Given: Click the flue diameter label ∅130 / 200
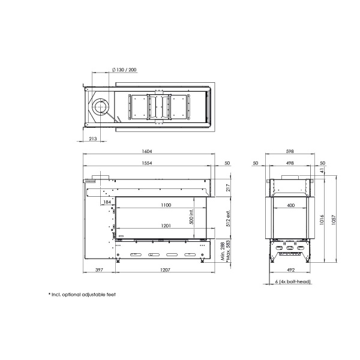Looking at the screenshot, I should tap(124, 70).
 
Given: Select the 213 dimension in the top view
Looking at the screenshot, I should tap(92, 139).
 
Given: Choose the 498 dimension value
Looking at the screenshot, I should tap(289, 163).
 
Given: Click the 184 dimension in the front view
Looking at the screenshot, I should tap(107, 202).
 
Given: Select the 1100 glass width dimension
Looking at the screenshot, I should tap(166, 205).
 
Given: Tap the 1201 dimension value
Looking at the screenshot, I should tap(166, 226).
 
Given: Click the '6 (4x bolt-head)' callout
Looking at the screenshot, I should tap(292, 281).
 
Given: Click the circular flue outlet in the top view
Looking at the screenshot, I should tap(100, 109).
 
